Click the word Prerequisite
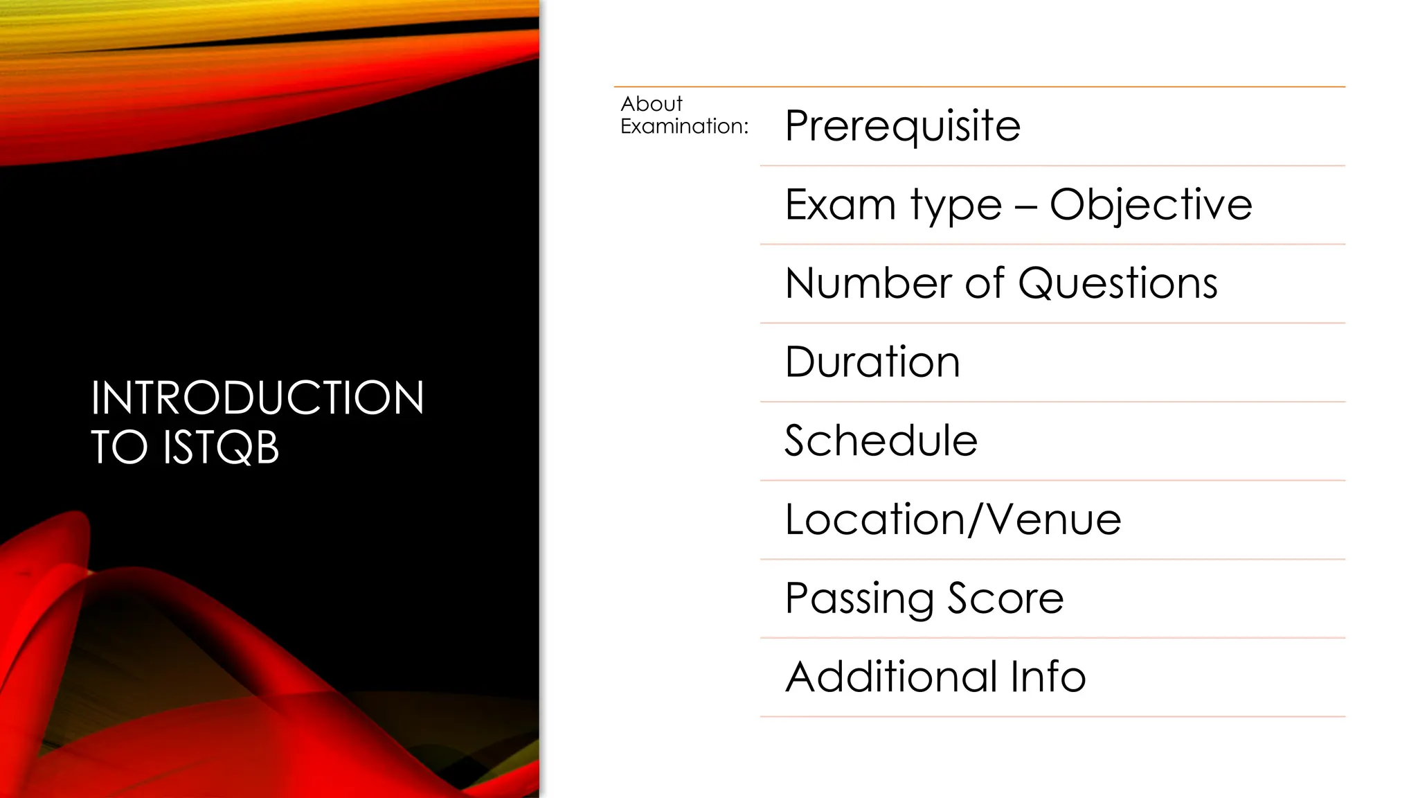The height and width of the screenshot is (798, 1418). [x=902, y=126]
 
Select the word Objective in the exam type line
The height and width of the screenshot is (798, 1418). [x=1151, y=204]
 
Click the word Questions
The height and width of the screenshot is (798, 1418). [x=1118, y=283]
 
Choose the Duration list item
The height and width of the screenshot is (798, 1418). [x=872, y=362]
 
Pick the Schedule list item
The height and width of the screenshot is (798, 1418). [x=881, y=441]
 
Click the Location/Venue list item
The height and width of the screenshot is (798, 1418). [x=953, y=520]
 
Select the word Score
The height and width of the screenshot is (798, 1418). [x=1005, y=598]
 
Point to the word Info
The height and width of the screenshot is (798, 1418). [x=1048, y=677]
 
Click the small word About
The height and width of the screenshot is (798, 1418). [x=652, y=104]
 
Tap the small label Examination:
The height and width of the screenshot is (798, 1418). [x=684, y=126]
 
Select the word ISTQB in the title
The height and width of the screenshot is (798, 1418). [x=221, y=447]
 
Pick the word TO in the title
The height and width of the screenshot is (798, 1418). [x=120, y=447]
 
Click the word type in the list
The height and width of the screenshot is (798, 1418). [x=956, y=206]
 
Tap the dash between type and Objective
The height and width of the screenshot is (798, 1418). [x=1025, y=206]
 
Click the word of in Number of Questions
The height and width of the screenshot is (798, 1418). [x=985, y=283]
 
